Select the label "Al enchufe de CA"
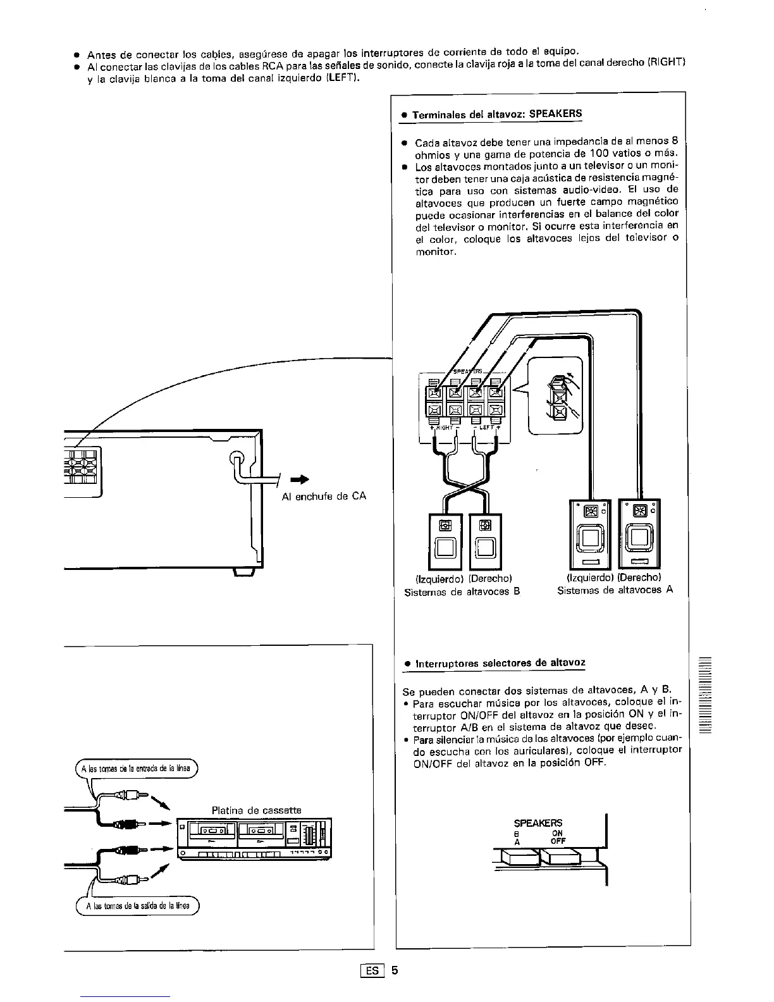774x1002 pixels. (324, 496)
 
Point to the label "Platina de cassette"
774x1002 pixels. (256, 810)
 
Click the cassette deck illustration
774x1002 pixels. (253, 838)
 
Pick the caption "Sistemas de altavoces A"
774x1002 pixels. (615, 590)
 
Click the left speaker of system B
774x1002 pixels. (446, 542)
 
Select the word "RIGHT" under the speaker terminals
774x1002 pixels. (445, 428)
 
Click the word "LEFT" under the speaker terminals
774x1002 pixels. (486, 428)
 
